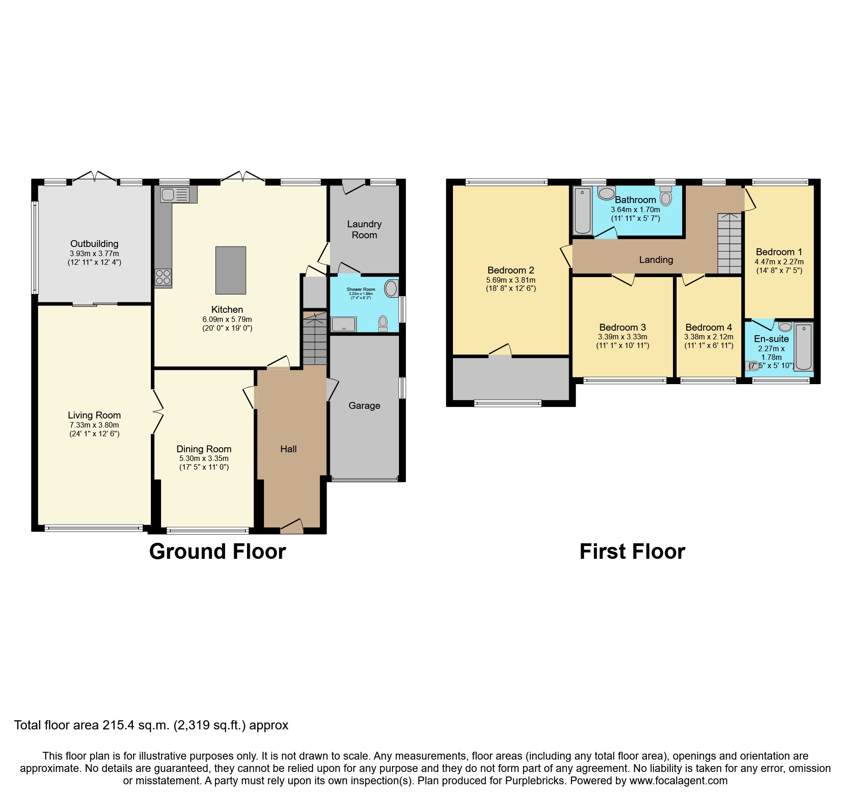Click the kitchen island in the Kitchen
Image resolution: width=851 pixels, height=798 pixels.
click(x=231, y=270)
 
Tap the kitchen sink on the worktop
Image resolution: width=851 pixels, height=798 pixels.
click(x=174, y=195)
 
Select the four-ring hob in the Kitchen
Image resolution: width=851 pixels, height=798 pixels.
click(x=163, y=277)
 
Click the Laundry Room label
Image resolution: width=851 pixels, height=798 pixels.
click(x=364, y=230)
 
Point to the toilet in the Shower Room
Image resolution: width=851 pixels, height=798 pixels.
click(x=383, y=323)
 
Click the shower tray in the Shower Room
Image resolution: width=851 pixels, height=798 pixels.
click(x=344, y=324)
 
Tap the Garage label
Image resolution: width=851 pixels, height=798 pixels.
click(x=364, y=406)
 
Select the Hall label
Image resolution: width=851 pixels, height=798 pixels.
click(x=288, y=449)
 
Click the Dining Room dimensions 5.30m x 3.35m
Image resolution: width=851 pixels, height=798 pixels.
click(x=204, y=458)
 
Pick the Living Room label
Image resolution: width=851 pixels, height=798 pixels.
click(x=94, y=415)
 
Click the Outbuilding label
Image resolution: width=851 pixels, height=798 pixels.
click(x=94, y=244)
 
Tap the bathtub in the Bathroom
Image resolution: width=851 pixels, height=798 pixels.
click(x=582, y=211)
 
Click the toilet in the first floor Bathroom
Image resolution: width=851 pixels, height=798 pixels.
click(x=666, y=197)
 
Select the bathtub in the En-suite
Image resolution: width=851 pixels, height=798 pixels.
click(x=804, y=346)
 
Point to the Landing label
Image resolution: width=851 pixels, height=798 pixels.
click(x=656, y=260)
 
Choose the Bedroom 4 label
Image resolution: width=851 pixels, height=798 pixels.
click(x=708, y=327)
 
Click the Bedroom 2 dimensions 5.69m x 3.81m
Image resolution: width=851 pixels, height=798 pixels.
click(x=511, y=280)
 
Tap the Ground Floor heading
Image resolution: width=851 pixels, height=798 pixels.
click(x=217, y=552)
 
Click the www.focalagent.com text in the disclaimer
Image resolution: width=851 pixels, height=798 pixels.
click(x=679, y=781)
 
